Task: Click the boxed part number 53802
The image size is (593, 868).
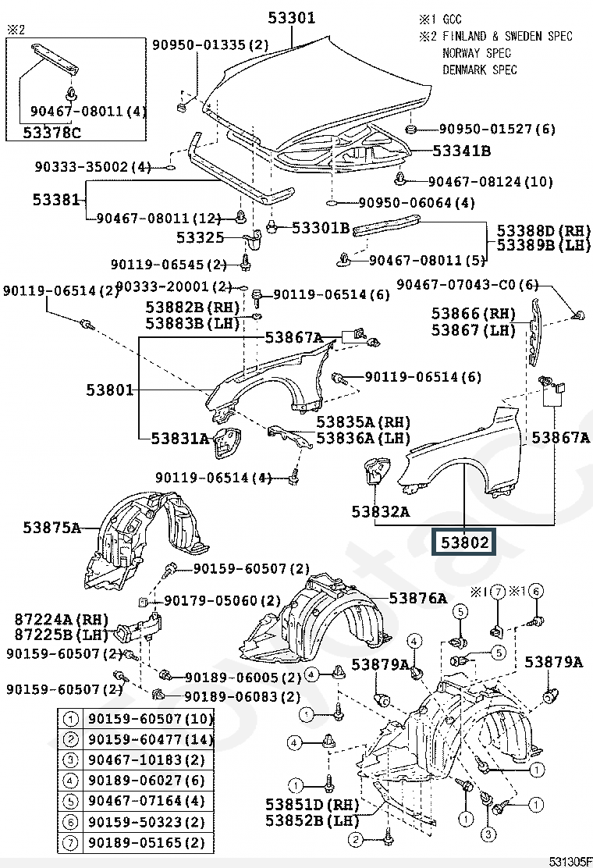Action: coord(465,541)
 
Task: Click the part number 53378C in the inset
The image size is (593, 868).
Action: coord(51,133)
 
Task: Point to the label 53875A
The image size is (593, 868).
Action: coord(51,528)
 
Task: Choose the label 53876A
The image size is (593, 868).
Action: coord(418,599)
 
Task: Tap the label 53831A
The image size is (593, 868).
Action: coord(180,438)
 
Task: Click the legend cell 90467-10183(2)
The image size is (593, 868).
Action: coord(146,759)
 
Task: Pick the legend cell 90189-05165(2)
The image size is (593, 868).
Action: coord(146,842)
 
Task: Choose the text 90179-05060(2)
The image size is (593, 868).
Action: coord(222,600)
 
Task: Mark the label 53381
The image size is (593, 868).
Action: coord(56,200)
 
